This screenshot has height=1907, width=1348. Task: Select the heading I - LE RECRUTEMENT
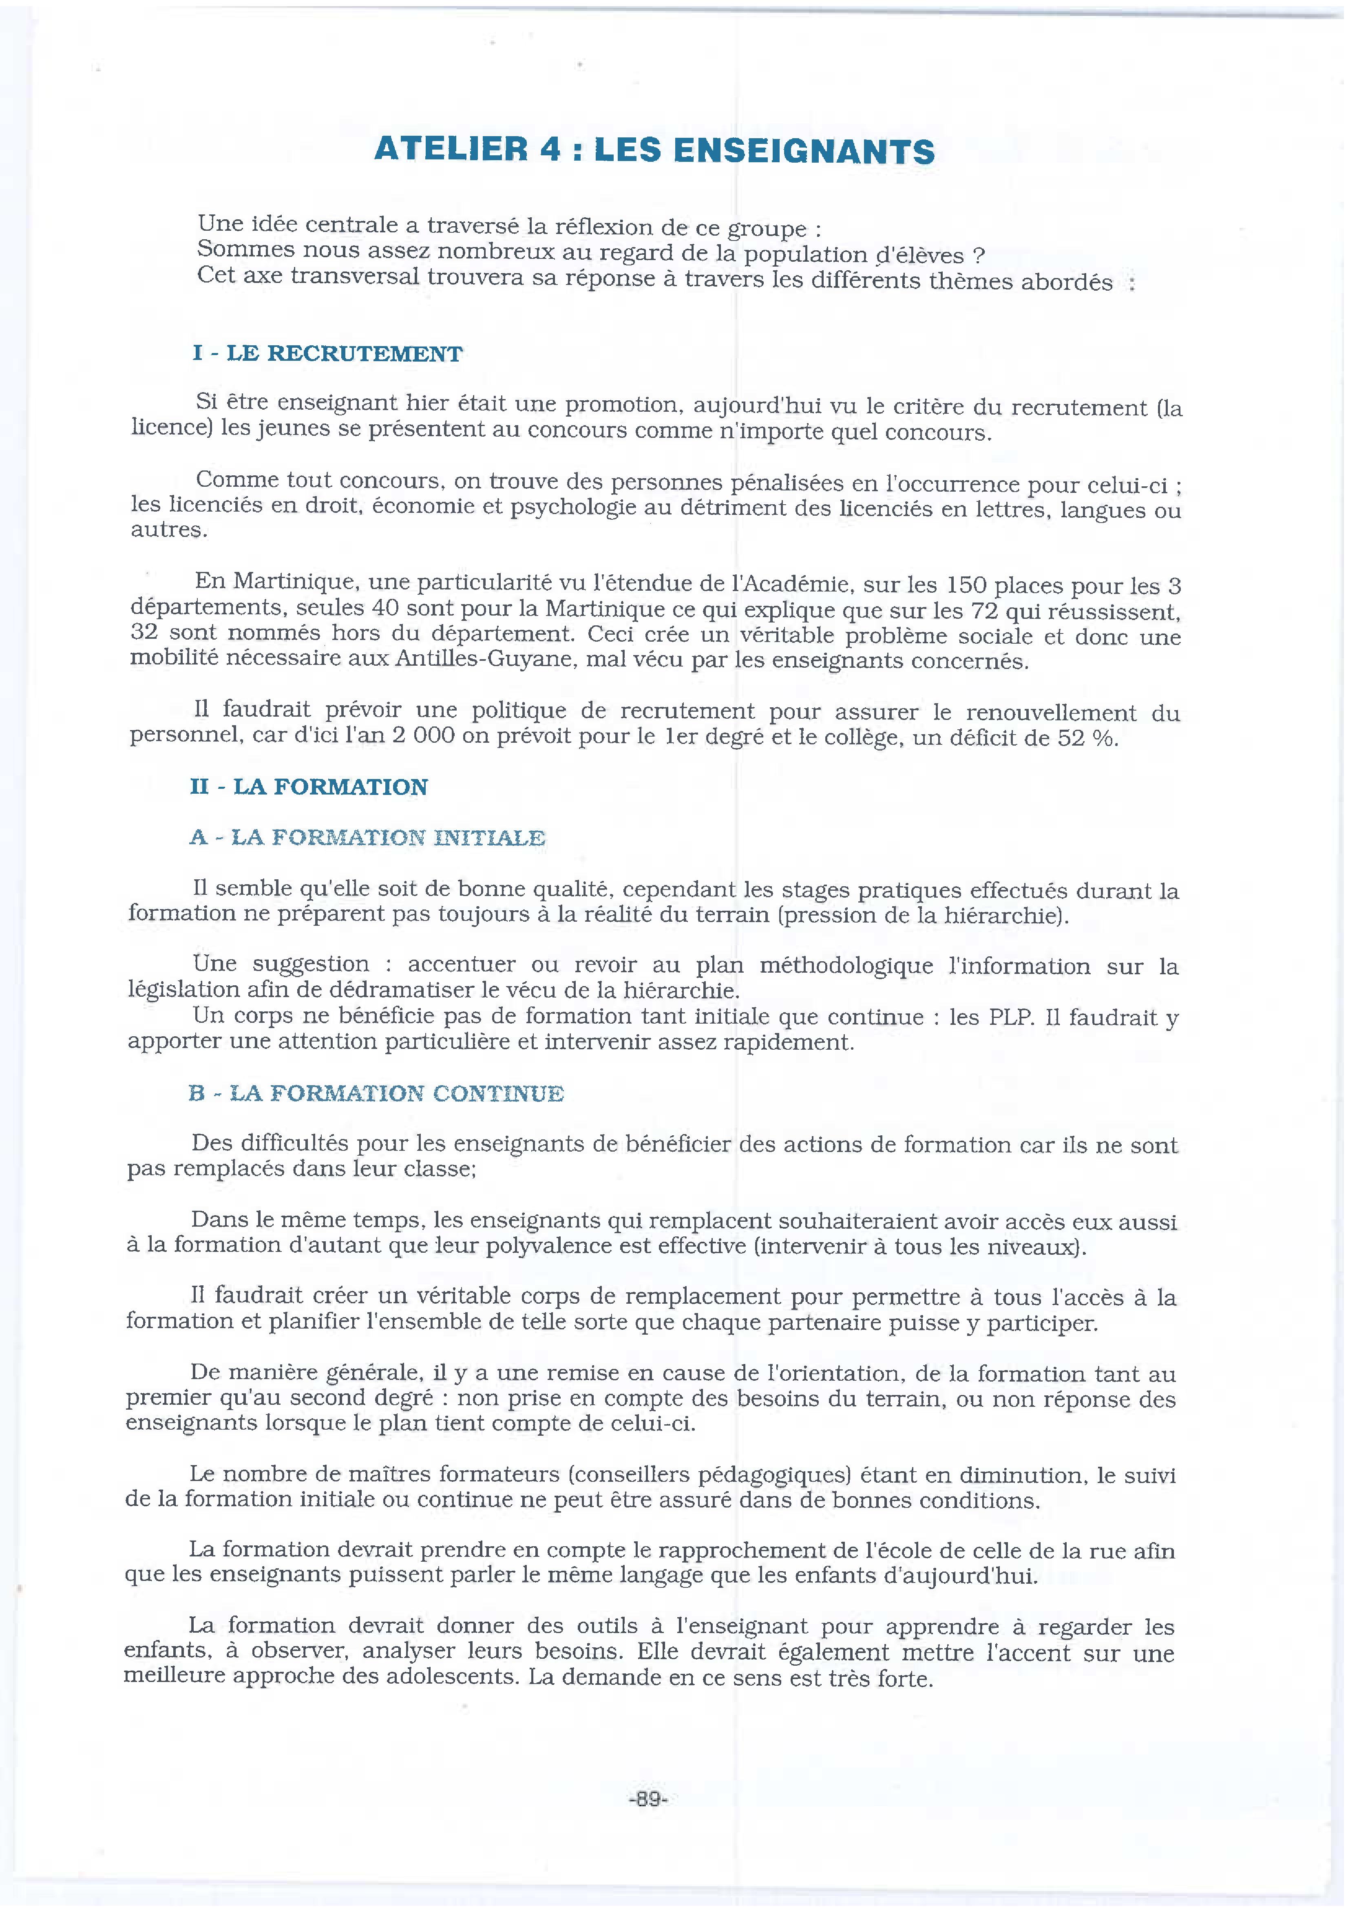click(x=327, y=354)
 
